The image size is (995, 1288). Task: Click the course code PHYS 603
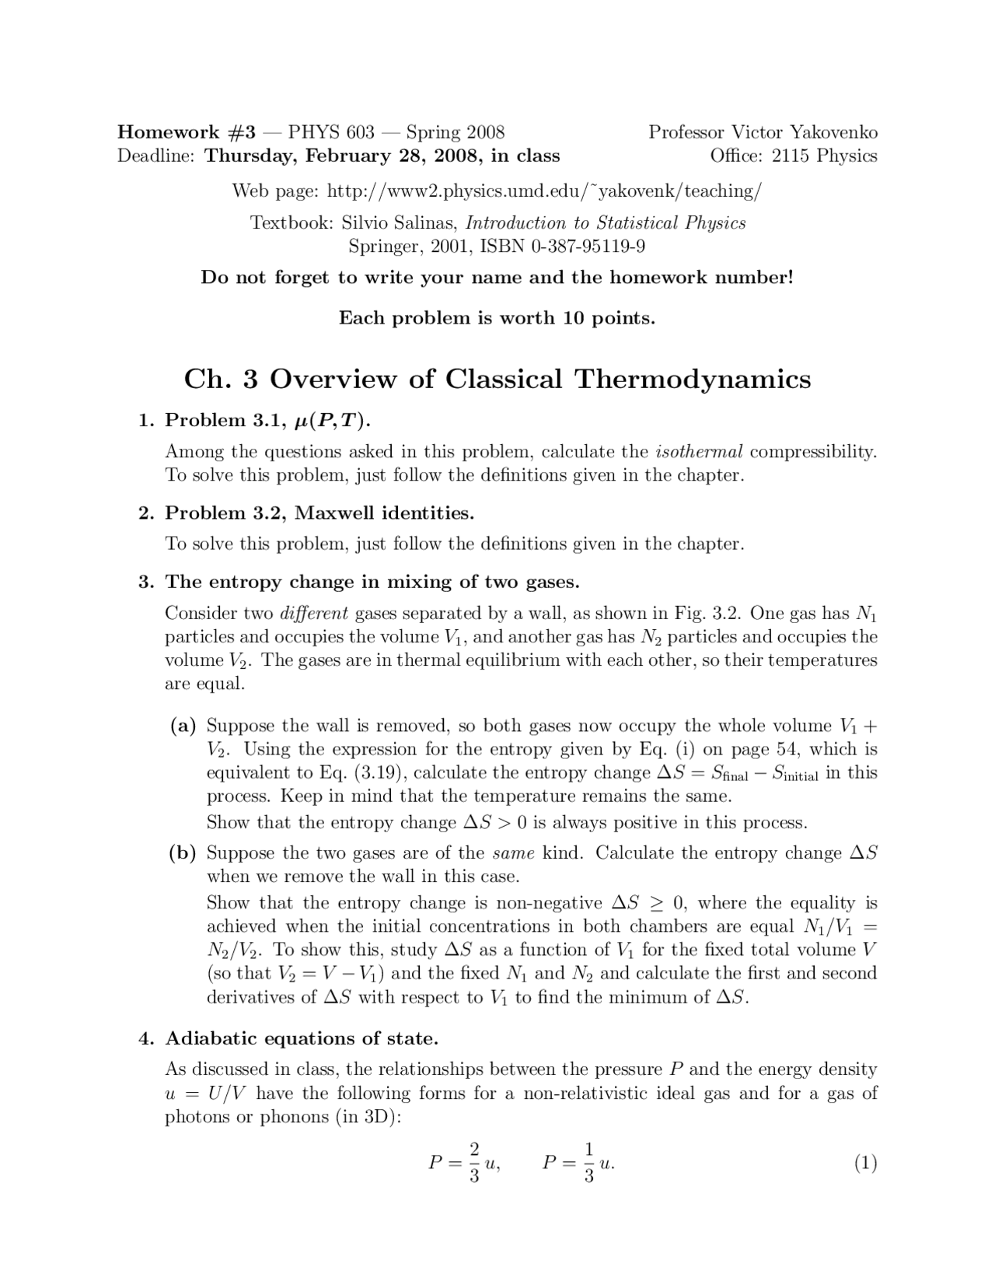(331, 132)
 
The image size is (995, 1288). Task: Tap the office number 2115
(791, 156)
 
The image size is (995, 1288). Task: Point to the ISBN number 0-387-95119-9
(588, 247)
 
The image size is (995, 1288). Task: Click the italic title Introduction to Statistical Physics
(606, 223)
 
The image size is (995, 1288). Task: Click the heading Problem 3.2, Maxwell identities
(319, 513)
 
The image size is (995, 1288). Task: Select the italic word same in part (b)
(513, 853)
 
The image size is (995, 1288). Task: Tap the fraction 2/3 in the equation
(474, 1162)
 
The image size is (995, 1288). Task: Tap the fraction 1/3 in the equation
(588, 1162)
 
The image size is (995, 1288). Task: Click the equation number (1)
(865, 1164)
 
